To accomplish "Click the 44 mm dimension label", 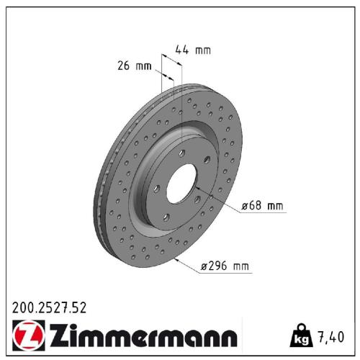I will pyautogui.click(x=194, y=50).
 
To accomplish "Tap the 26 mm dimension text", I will pyautogui.click(x=135, y=67).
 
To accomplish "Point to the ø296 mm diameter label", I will pyautogui.click(x=225, y=266).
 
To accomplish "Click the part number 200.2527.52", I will pyautogui.click(x=49, y=307).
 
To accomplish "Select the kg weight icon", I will pyautogui.click(x=300, y=335).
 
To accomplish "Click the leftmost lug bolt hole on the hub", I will pyautogui.click(x=156, y=188).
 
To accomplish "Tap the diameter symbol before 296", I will pyautogui.click(x=204, y=267).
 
